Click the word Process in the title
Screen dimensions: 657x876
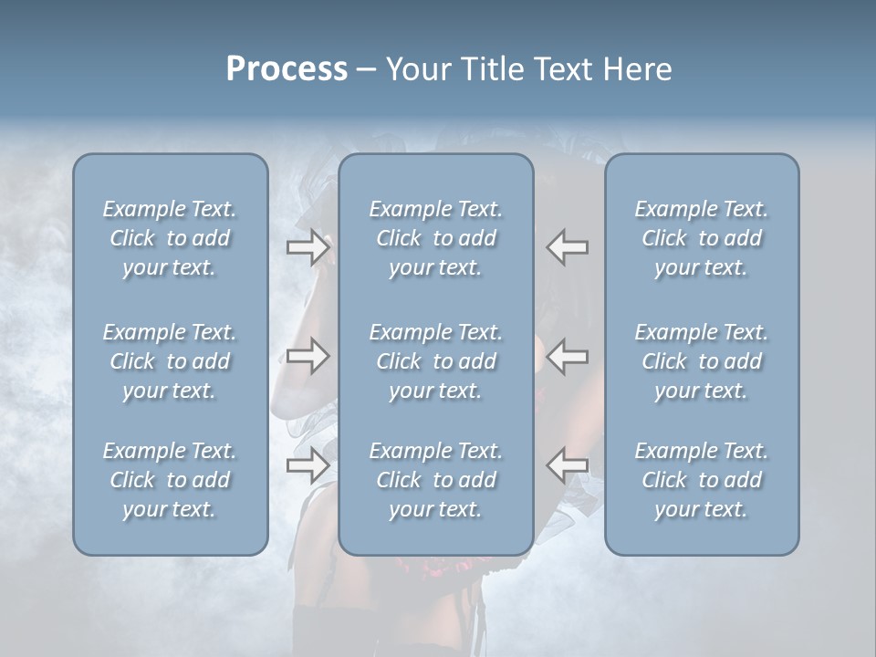pyautogui.click(x=287, y=69)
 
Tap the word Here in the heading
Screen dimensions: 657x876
pyautogui.click(x=638, y=69)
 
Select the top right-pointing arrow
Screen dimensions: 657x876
pyautogui.click(x=308, y=247)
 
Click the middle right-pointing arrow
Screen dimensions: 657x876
pyautogui.click(x=308, y=356)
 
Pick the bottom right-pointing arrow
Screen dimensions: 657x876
pyautogui.click(x=308, y=465)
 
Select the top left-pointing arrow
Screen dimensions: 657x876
pyautogui.click(x=568, y=247)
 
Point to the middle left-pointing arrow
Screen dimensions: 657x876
pyautogui.click(x=568, y=356)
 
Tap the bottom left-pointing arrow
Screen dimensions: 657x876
pyautogui.click(x=568, y=465)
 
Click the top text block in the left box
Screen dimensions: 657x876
pyautogui.click(x=170, y=238)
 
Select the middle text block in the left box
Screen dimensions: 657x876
pyautogui.click(x=170, y=361)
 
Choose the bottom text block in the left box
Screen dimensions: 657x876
pyautogui.click(x=170, y=480)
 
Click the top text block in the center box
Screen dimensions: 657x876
pyautogui.click(x=435, y=238)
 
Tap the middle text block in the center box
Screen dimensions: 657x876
pyautogui.click(x=435, y=361)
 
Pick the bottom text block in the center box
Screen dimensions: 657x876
pyautogui.click(x=435, y=480)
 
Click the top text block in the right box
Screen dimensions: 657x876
pyautogui.click(x=701, y=238)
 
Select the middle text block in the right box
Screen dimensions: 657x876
pyautogui.click(x=701, y=361)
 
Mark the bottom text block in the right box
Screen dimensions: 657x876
pyautogui.click(x=701, y=480)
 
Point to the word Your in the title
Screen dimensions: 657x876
pyautogui.click(x=416, y=69)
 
